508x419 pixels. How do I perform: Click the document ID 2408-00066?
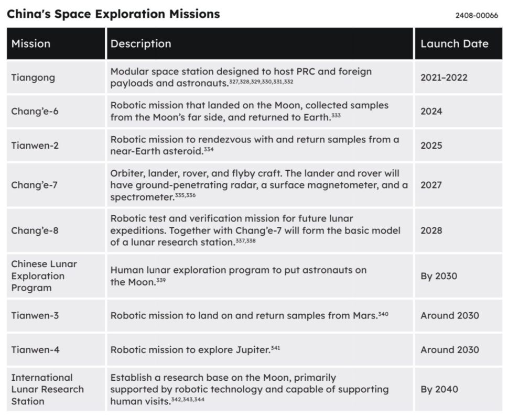click(477, 16)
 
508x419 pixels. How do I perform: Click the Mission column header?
click(31, 43)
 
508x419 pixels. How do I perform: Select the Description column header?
click(140, 43)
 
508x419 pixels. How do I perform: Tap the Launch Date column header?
click(454, 43)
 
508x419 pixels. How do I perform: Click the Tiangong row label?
click(33, 78)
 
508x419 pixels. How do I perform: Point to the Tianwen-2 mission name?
click(35, 145)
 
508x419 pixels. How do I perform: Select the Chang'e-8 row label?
click(35, 230)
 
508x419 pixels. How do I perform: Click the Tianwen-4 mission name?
click(35, 349)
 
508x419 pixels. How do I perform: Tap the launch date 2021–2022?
click(444, 78)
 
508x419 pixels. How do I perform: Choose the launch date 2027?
click(431, 185)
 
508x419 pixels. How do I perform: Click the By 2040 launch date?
click(439, 389)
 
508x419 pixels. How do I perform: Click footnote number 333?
click(336, 115)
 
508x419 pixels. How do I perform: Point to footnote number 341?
click(275, 348)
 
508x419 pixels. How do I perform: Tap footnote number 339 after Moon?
click(161, 280)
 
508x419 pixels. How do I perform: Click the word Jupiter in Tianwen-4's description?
click(253, 350)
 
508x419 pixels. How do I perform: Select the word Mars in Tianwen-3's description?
click(365, 315)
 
